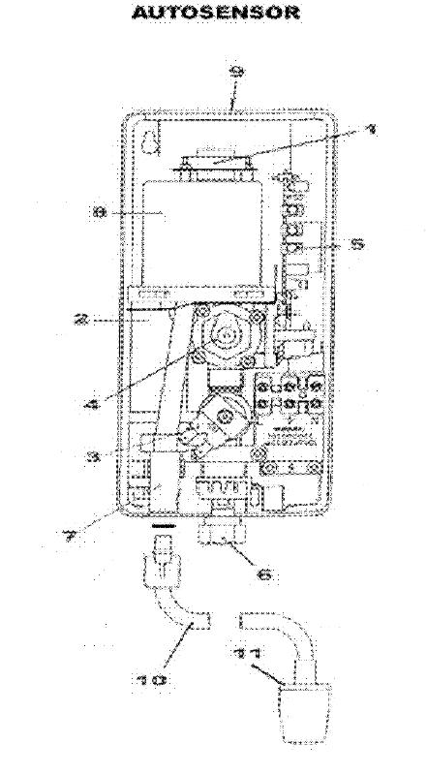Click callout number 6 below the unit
(x=260, y=574)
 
